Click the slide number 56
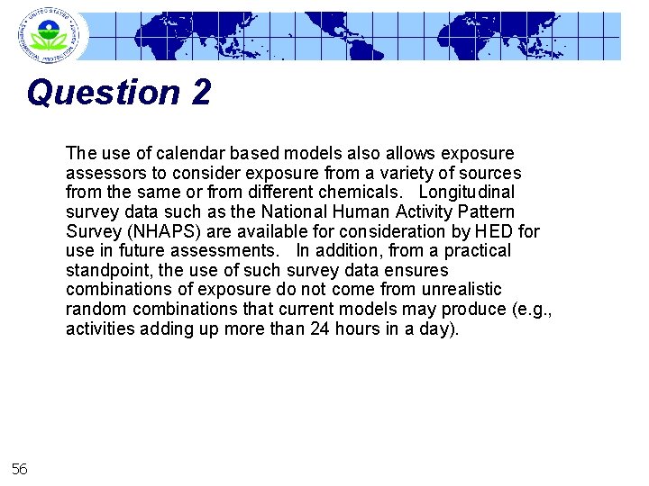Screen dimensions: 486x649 (x=19, y=468)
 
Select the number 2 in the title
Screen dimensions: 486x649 (x=200, y=93)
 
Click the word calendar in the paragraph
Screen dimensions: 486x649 (x=191, y=153)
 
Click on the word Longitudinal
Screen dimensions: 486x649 (x=465, y=193)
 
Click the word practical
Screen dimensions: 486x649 (x=475, y=251)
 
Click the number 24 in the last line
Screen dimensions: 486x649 (x=331, y=329)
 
